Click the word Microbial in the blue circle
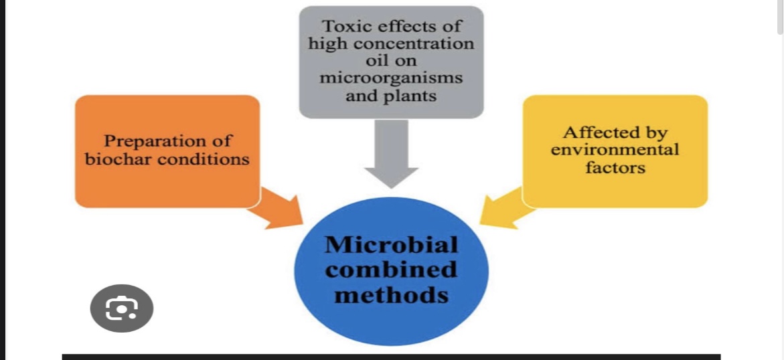click(392, 245)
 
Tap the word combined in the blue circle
click(392, 270)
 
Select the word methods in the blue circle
click(392, 294)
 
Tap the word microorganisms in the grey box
click(391, 78)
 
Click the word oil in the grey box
click(392, 61)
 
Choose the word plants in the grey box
click(410, 95)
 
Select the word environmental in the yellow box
click(615, 150)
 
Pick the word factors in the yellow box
click(615, 167)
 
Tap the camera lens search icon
click(122, 308)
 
